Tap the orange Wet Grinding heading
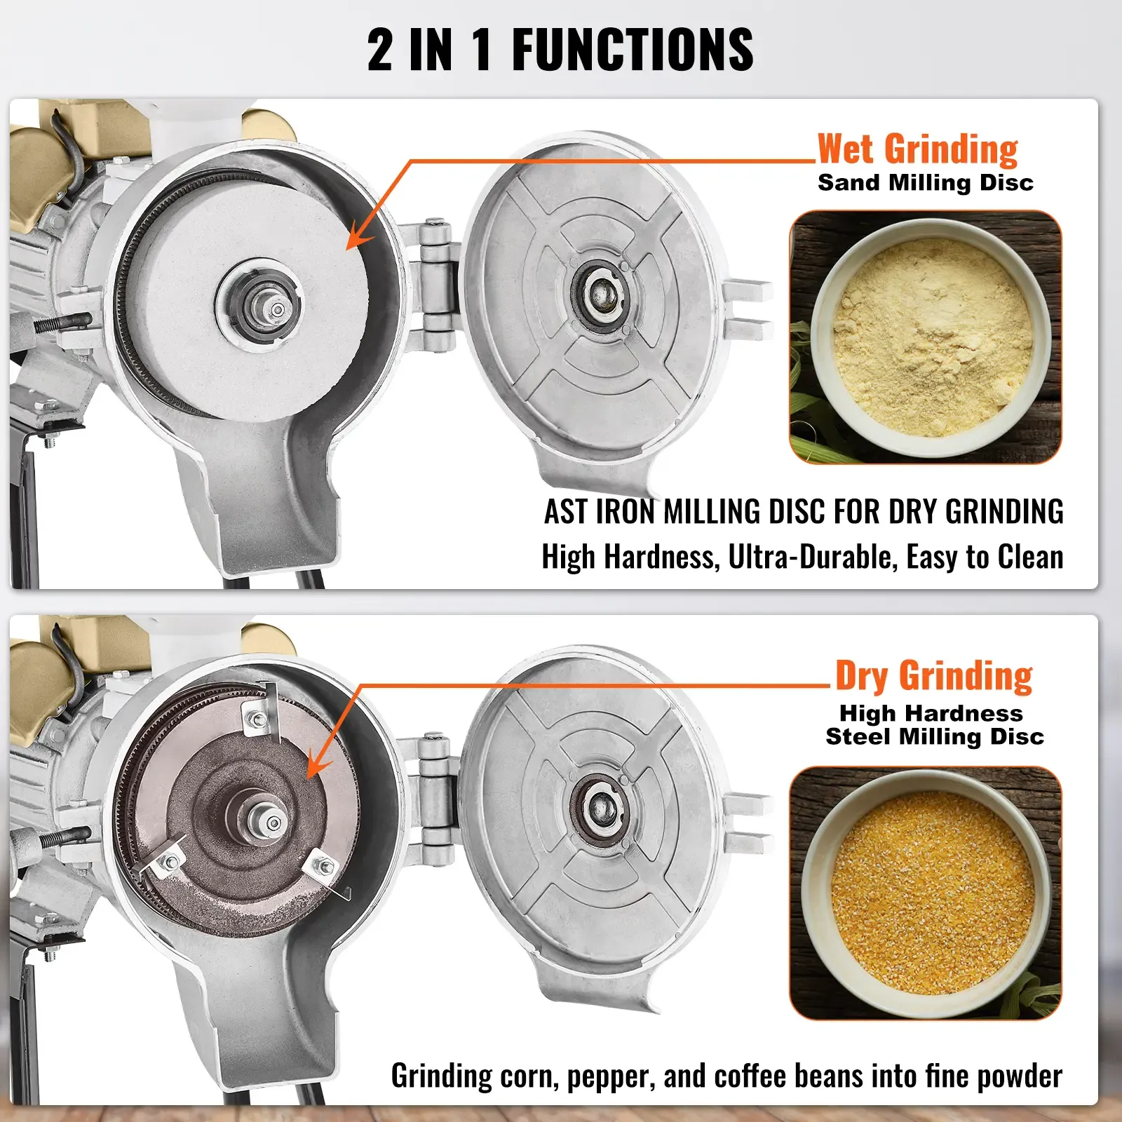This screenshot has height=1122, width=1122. tap(917, 149)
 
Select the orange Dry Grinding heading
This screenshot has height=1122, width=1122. tap(933, 676)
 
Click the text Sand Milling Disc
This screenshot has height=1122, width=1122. tap(925, 183)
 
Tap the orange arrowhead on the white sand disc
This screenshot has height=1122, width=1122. tap(358, 238)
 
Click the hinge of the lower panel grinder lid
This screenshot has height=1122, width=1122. tap(434, 799)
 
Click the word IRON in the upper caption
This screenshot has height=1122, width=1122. tap(626, 512)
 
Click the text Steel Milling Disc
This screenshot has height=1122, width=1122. tap(934, 737)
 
